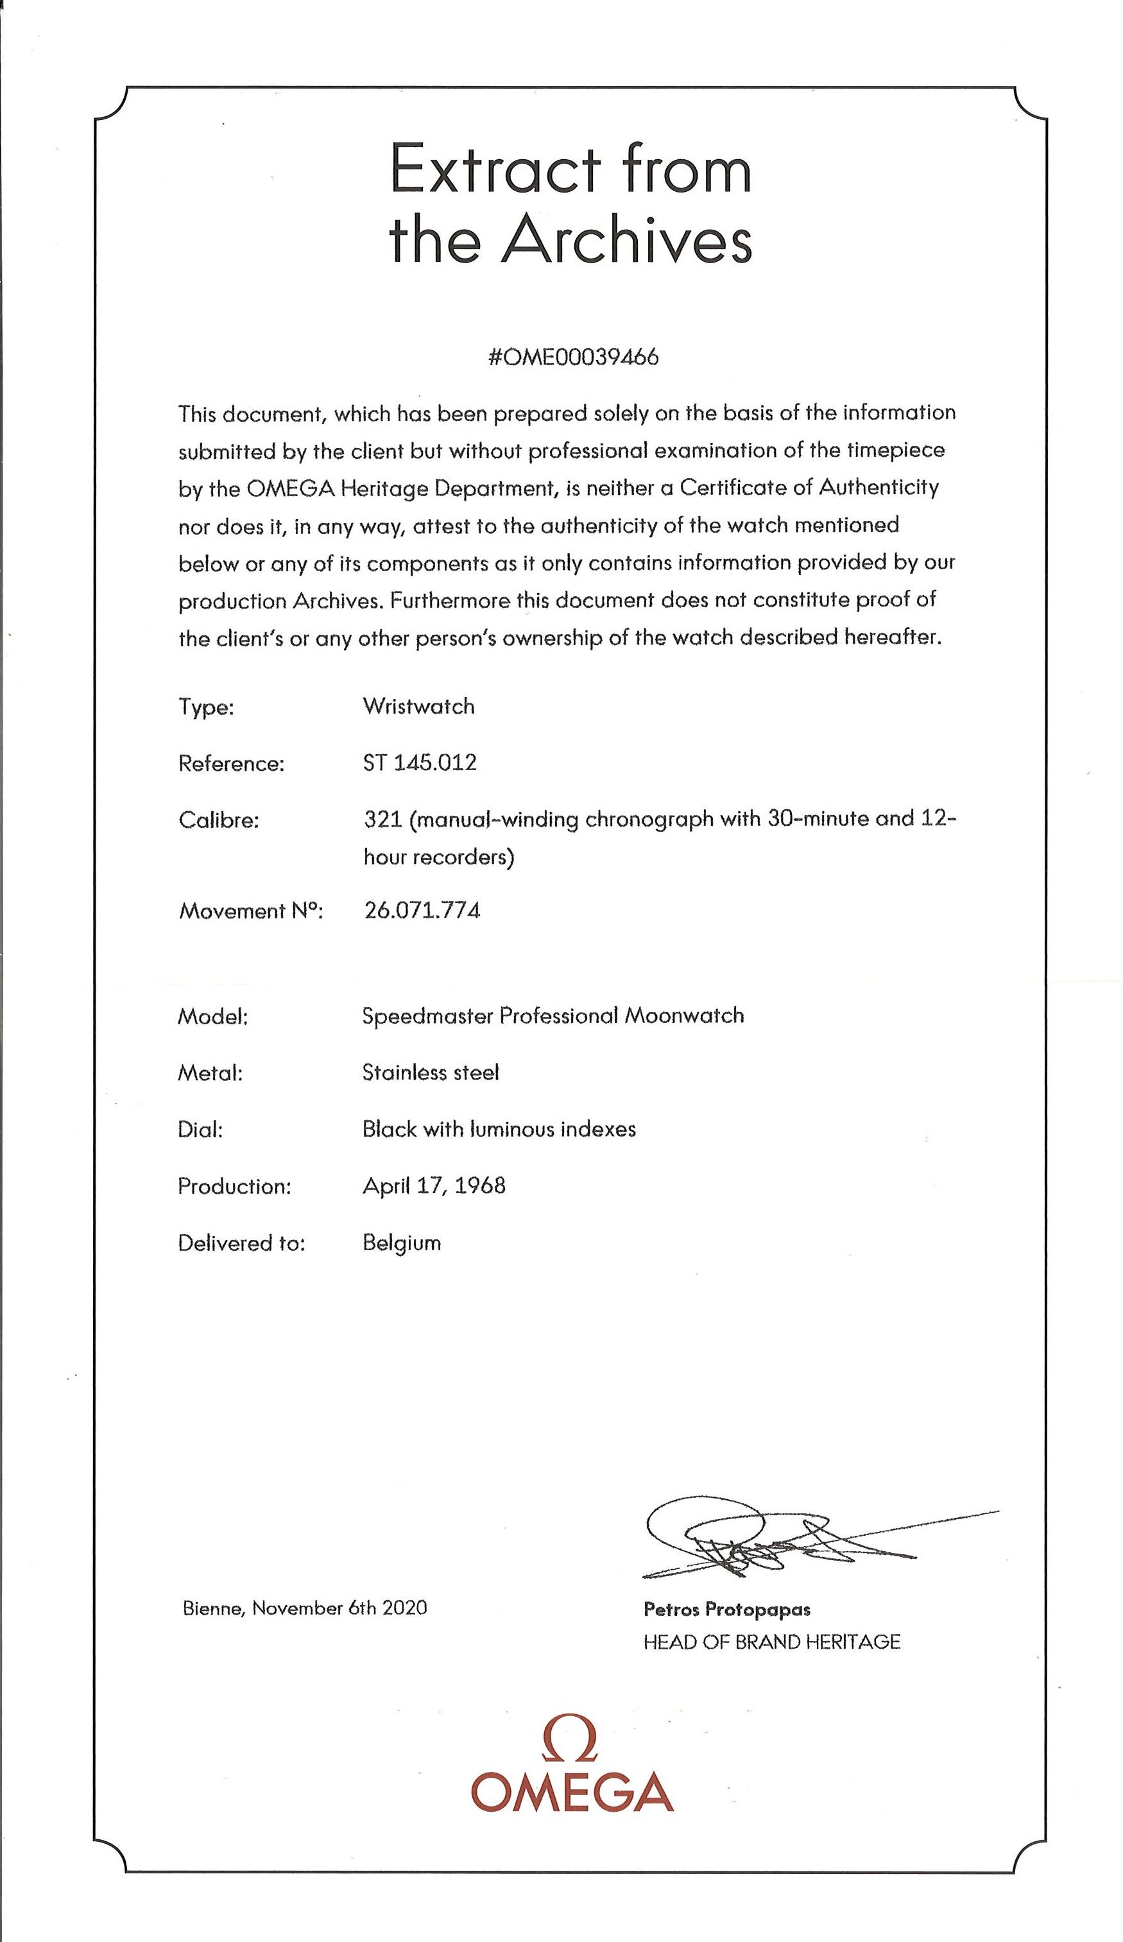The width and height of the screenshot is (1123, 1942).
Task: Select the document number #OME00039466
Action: [x=572, y=357]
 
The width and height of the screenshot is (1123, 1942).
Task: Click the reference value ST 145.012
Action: [x=419, y=763]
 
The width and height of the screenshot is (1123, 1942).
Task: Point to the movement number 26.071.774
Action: [x=422, y=910]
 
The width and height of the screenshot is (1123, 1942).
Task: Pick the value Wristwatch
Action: [x=418, y=706]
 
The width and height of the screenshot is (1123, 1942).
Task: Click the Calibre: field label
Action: [x=219, y=820]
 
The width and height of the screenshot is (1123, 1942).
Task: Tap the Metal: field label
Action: [x=210, y=1073]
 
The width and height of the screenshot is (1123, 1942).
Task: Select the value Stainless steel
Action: [x=430, y=1072]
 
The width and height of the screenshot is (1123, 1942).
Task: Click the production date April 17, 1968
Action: [x=434, y=1185]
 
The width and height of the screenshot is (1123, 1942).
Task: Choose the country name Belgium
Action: [x=402, y=1243]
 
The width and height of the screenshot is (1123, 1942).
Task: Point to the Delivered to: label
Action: [x=241, y=1243]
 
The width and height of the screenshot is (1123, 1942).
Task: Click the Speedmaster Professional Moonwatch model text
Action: [x=553, y=1016]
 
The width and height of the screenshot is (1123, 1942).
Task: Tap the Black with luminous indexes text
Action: [x=499, y=1129]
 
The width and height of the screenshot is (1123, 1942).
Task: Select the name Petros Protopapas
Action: [x=727, y=1609]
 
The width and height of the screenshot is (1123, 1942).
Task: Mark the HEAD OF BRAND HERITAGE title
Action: [x=771, y=1642]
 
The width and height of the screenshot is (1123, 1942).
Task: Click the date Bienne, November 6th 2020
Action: [x=304, y=1608]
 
